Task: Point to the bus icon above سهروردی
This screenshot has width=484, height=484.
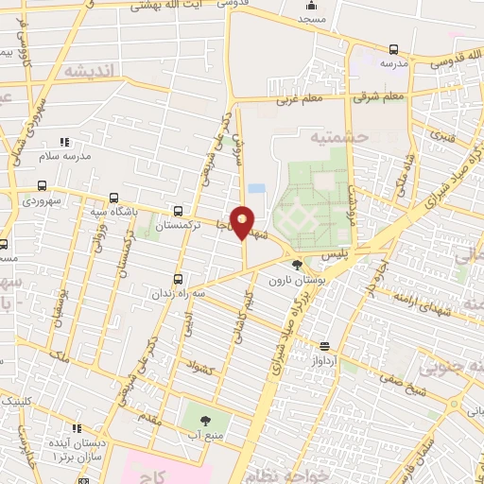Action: (x=41, y=186)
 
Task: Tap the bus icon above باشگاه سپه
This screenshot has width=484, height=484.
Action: (x=113, y=199)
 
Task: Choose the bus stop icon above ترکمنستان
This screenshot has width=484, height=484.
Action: (x=178, y=211)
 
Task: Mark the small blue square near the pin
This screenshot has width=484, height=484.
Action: (x=257, y=189)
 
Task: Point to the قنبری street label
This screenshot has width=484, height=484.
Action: (x=442, y=135)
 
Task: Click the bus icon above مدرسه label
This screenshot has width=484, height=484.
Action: (x=392, y=48)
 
